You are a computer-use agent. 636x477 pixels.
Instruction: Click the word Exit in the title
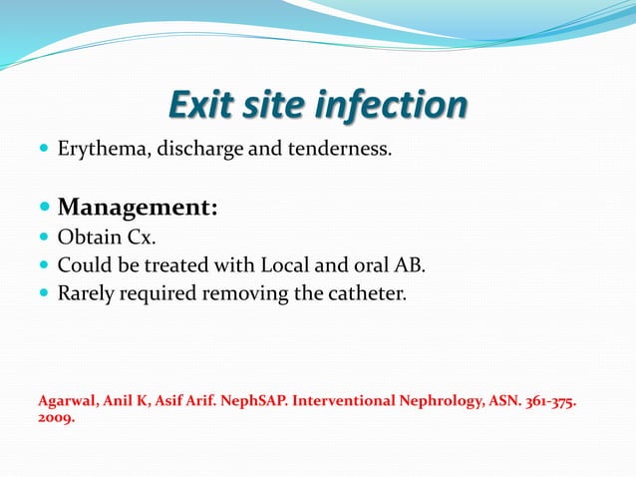pyautogui.click(x=200, y=105)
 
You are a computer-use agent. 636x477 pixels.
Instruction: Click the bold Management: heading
pyautogui.click(x=138, y=208)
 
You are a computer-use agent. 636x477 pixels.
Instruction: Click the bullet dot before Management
pyautogui.click(x=43, y=209)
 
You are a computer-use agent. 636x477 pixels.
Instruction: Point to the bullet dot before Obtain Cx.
pyautogui.click(x=43, y=238)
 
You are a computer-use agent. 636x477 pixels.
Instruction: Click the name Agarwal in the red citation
pyautogui.click(x=68, y=401)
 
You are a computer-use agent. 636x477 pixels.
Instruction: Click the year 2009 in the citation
pyautogui.click(x=55, y=419)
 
